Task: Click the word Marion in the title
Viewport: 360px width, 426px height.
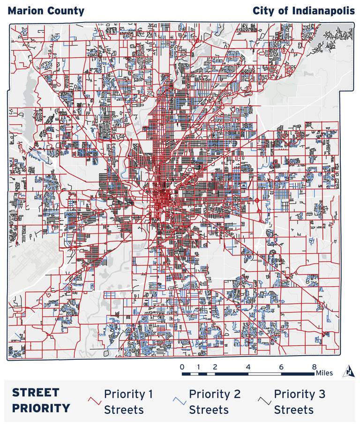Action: [x=25, y=11]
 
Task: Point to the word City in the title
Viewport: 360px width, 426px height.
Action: [x=263, y=11]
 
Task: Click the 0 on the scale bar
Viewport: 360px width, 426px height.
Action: [x=182, y=366]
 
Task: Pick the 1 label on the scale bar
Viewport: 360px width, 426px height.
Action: [x=199, y=366]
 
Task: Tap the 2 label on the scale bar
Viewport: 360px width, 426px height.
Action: [x=215, y=366]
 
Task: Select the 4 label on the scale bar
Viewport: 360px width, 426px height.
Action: [x=248, y=366]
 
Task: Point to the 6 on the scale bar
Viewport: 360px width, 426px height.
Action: [x=281, y=366]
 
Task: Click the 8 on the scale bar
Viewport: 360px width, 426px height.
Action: [x=314, y=366]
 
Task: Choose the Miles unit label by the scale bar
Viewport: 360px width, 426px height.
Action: [x=324, y=373]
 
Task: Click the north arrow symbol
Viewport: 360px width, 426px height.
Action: [x=349, y=371]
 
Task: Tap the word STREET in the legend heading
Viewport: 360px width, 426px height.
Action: [x=36, y=393]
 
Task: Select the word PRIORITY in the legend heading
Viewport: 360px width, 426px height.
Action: [x=41, y=408]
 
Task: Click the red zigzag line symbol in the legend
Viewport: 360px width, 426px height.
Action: [x=95, y=401]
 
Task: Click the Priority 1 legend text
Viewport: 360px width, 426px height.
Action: [x=128, y=402]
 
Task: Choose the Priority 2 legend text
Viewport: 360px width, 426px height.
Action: [x=214, y=402]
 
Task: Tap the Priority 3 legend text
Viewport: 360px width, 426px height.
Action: [x=300, y=402]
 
